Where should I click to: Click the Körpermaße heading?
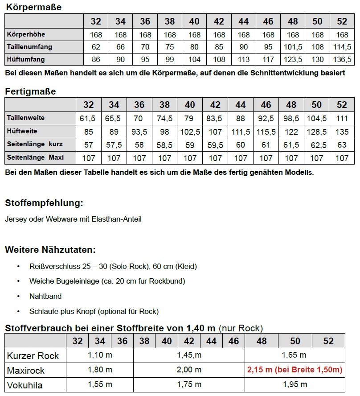[x=33, y=7]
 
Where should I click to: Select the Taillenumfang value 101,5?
[x=293, y=47]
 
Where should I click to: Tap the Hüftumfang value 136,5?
[x=342, y=59]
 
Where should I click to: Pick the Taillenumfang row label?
[x=29, y=47]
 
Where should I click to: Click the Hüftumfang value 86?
[x=96, y=59]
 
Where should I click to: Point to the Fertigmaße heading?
[x=30, y=91]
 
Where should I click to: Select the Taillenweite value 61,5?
[x=88, y=119]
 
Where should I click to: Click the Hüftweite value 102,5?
[x=190, y=132]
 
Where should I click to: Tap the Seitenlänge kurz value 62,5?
[x=316, y=145]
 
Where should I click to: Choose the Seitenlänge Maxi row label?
[x=36, y=158]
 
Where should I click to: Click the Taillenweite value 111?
[x=342, y=119]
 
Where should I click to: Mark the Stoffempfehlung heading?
[x=44, y=203]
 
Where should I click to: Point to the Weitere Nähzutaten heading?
[x=50, y=250]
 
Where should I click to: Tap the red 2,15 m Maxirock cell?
[x=295, y=370]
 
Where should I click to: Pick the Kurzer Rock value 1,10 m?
[x=100, y=355]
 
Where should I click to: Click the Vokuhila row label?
[x=25, y=385]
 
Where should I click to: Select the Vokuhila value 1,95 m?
[x=295, y=385]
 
